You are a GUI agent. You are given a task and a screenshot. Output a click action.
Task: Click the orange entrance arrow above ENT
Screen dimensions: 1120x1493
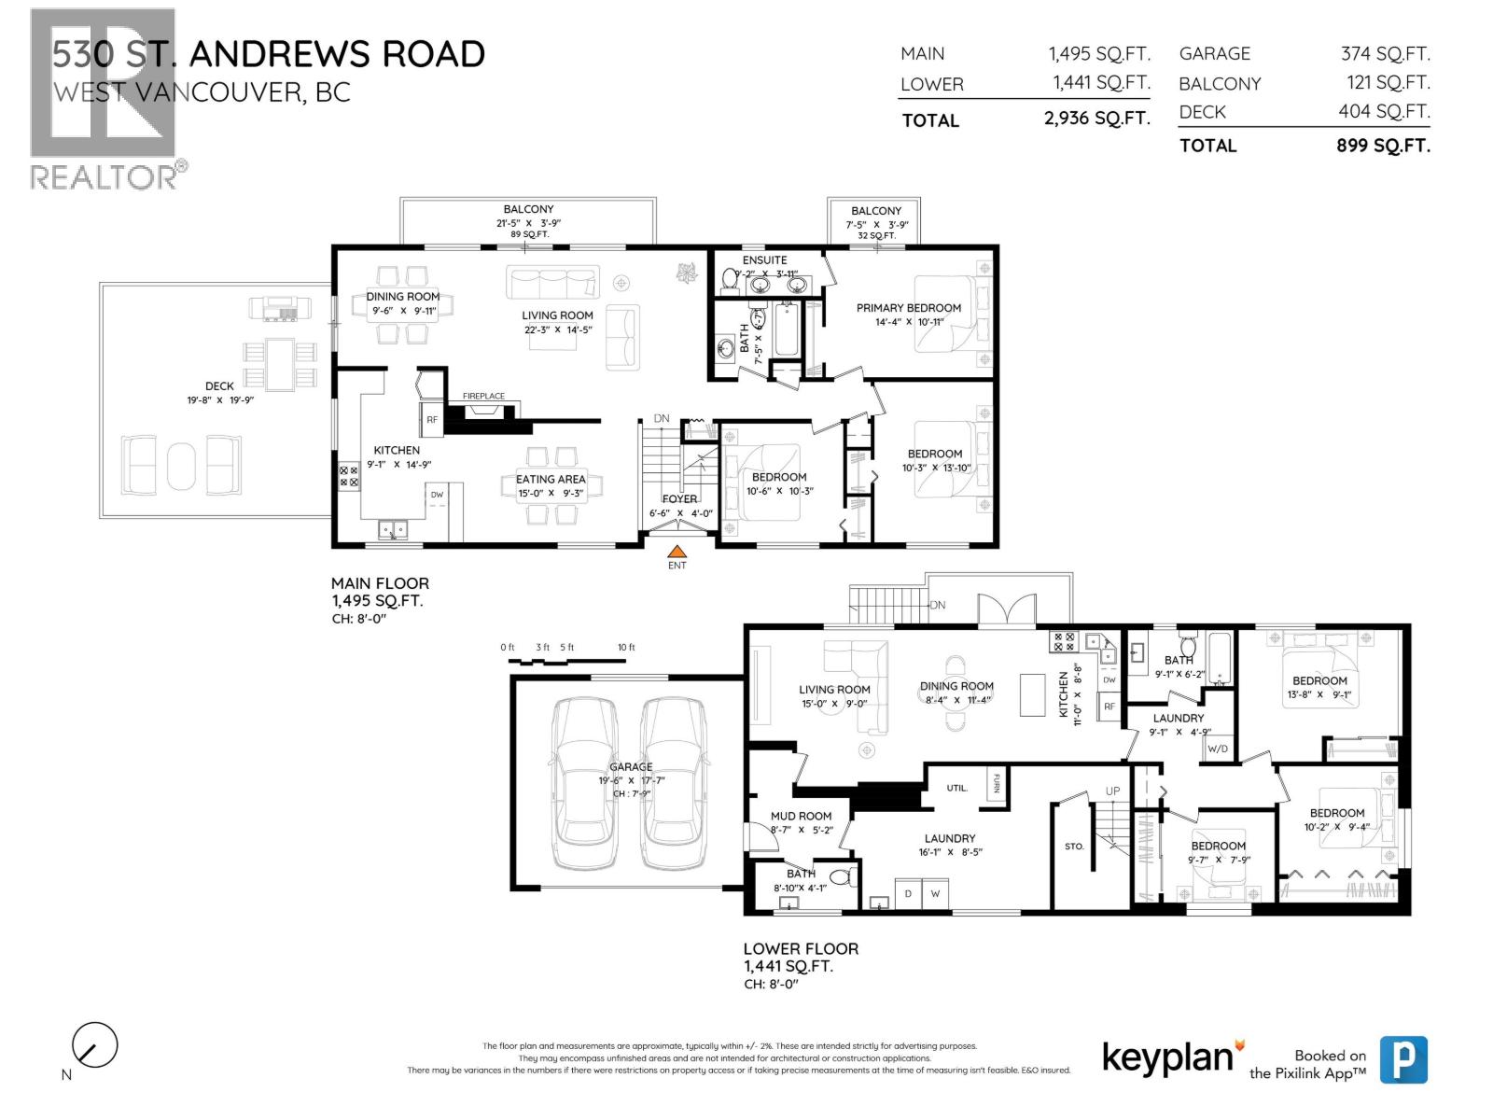[x=677, y=552]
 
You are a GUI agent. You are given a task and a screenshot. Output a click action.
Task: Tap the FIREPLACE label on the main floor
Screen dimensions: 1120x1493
[x=483, y=397]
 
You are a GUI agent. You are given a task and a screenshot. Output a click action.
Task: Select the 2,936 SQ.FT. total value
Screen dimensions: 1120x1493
[x=1096, y=119]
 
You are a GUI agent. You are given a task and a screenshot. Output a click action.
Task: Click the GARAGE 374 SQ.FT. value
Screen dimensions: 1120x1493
[x=1385, y=54]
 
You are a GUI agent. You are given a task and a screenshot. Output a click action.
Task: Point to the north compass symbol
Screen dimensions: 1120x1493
[x=94, y=1045]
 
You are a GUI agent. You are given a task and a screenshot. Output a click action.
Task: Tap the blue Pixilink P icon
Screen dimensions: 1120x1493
[x=1403, y=1060]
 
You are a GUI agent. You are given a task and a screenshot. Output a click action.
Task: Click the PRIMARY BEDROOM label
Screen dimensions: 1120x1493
[x=908, y=308]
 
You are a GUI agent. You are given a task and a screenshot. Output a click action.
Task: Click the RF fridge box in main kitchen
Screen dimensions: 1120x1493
[x=432, y=420]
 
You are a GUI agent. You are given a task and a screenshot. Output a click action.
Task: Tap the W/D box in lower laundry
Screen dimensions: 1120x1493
[x=1218, y=749]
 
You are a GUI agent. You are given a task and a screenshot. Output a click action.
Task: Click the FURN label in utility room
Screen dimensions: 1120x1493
[x=997, y=783]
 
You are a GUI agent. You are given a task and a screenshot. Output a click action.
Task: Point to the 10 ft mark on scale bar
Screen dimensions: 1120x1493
[x=626, y=648]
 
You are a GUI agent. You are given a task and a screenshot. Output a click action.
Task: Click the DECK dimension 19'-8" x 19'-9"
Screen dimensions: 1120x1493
[x=220, y=400]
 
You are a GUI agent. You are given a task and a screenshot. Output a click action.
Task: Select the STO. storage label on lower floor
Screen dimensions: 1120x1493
[x=1074, y=847]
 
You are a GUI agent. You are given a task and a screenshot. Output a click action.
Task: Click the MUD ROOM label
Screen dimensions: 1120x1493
[x=801, y=816]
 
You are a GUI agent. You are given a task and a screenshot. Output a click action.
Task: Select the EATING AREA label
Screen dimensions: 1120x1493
[x=551, y=480]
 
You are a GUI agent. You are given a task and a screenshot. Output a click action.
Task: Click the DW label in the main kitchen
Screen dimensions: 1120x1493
[x=437, y=495]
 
